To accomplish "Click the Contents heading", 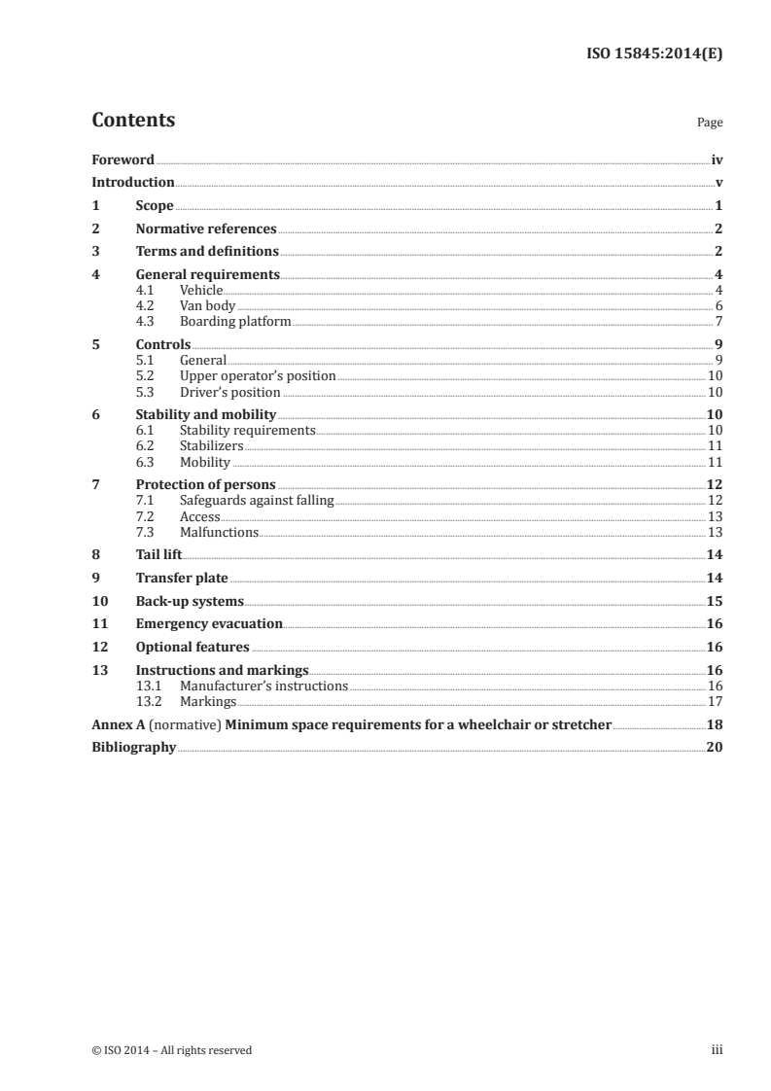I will [133, 121].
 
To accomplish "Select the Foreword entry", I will [123, 159].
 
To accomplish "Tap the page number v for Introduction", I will [718, 183].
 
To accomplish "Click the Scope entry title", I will [155, 206].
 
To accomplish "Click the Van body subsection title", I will [207, 305].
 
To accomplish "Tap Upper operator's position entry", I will [258, 375].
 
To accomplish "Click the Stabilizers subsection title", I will [211, 446].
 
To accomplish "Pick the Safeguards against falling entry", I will [257, 500].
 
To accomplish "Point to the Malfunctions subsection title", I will [219, 532].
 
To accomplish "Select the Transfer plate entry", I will [182, 578].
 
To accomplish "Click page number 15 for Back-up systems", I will [715, 601].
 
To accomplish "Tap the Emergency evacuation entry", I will [209, 623].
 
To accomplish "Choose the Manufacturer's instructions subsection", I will [263, 686].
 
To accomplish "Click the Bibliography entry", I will [133, 748].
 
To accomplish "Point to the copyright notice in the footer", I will [172, 1050].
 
